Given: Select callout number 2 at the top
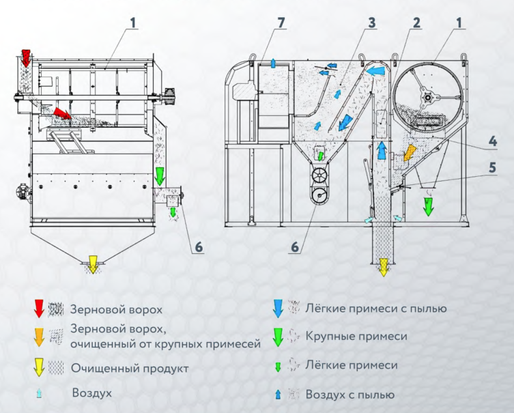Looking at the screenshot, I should click(416, 23).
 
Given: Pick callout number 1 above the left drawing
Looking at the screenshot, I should click(134, 23).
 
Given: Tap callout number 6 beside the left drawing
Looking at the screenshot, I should click(198, 246).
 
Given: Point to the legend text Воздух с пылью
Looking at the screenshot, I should click(349, 395).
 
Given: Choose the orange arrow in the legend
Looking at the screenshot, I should click(39, 337).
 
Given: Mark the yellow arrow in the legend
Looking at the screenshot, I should click(39, 368).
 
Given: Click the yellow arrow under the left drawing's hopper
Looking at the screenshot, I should click(90, 264).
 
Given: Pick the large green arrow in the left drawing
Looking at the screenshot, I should click(160, 176).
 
